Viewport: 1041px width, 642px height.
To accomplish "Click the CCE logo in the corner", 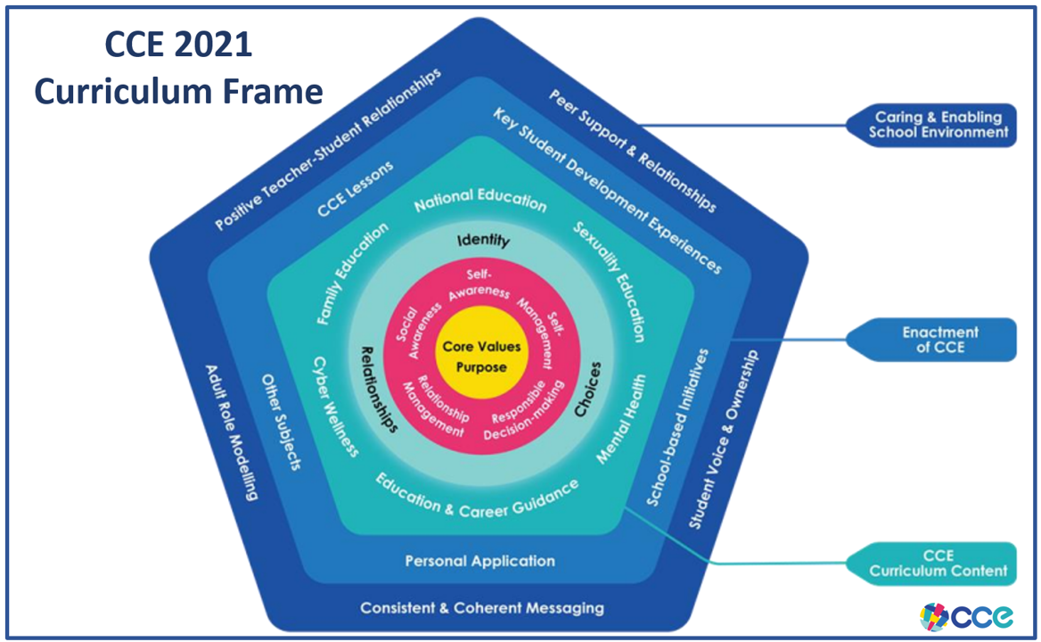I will pyautogui.click(x=966, y=616).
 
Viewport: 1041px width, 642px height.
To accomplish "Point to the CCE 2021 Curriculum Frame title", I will pyautogui.click(x=178, y=68).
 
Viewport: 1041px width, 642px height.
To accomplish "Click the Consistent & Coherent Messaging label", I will pyautogui.click(x=481, y=608).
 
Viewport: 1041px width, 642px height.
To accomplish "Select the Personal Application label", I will pyautogui.click(x=480, y=561).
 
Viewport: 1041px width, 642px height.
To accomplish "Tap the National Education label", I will pyautogui.click(x=480, y=202).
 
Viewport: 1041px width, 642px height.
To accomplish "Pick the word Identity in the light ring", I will pyautogui.click(x=483, y=241).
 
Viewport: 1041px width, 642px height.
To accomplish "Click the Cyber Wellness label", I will pyautogui.click(x=335, y=407).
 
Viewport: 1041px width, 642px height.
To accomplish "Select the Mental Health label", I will pyautogui.click(x=620, y=419).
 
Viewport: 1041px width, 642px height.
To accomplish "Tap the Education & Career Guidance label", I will pyautogui.click(x=477, y=498).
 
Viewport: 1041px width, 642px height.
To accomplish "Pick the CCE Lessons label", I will pyautogui.click(x=355, y=188).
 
